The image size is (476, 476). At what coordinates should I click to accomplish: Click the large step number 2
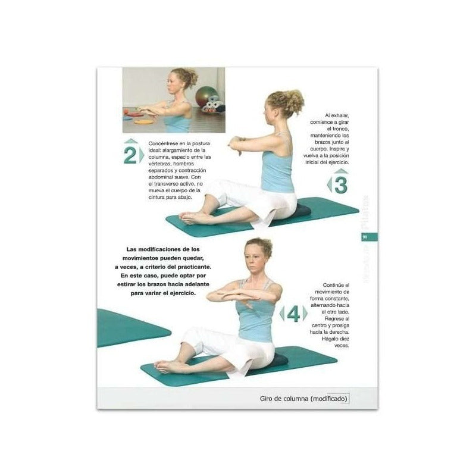tap(129, 155)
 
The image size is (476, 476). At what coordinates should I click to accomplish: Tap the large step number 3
tap(340, 184)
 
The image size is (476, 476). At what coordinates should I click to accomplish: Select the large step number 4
tap(293, 314)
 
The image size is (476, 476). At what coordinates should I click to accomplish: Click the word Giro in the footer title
tap(270, 398)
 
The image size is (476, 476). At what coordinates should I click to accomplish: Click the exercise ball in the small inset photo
tap(206, 96)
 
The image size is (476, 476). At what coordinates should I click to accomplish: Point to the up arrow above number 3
tap(340, 171)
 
